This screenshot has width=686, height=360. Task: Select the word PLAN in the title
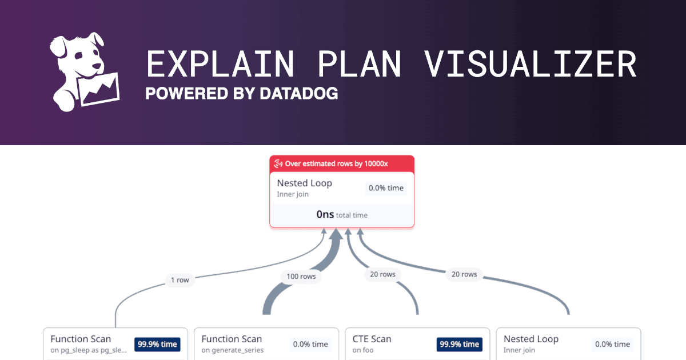pos(359,64)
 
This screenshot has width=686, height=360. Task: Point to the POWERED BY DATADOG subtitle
pos(241,93)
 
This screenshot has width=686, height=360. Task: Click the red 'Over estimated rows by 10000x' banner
pos(342,164)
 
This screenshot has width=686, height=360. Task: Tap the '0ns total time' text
pos(342,215)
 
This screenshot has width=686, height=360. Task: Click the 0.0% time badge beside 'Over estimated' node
pos(385,188)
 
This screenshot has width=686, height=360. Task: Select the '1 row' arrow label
pos(180,280)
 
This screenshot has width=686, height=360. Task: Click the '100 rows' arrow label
pos(301,277)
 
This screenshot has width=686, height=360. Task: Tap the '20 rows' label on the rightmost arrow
pos(464,274)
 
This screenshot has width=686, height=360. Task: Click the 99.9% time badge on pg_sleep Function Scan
pos(157,344)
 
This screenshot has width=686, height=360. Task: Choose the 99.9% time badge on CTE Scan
pos(459,344)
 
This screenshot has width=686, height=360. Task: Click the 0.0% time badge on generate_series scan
pos(310,344)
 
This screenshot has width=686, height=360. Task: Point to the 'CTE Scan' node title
pos(372,339)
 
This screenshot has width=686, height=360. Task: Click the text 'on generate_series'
pos(232,350)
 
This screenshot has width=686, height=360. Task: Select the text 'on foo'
pos(362,350)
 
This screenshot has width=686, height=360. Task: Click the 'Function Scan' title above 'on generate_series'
pos(232,339)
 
